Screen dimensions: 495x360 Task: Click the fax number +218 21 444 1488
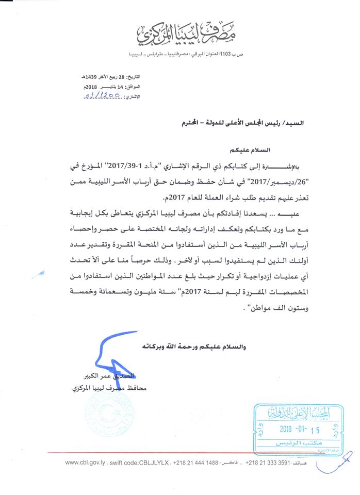[197, 463]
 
